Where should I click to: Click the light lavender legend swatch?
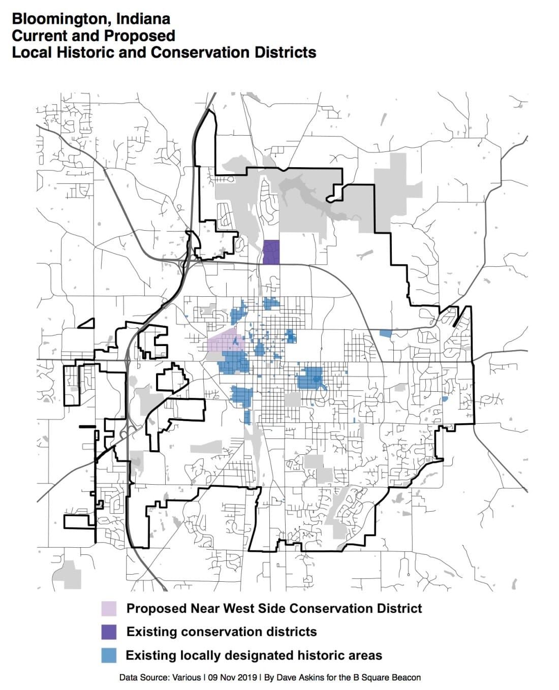tap(109, 608)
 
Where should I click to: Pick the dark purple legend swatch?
tap(109, 632)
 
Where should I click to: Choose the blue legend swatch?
tap(109, 655)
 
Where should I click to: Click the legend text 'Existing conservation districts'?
tap(222, 632)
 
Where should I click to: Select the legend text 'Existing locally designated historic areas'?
tap(254, 655)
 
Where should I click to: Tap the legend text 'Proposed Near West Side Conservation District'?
tap(274, 608)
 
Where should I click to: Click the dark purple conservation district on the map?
tap(271, 252)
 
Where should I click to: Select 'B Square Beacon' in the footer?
tap(391, 677)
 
